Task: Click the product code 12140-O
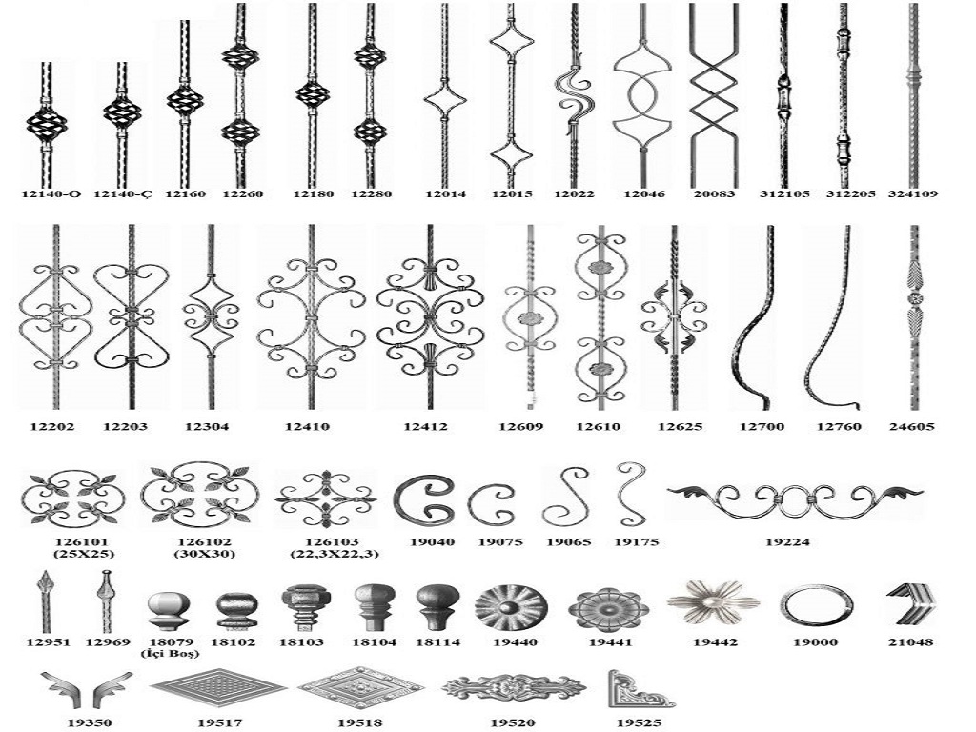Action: point(51,194)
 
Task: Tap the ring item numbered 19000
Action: point(816,606)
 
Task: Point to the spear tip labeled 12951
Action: point(47,601)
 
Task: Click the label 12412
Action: point(425,427)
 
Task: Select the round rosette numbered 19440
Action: point(511,607)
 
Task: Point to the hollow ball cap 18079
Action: point(169,611)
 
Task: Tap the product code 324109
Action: point(913,194)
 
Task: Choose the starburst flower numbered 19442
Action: point(713,602)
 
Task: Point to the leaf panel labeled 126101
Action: point(72,498)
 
